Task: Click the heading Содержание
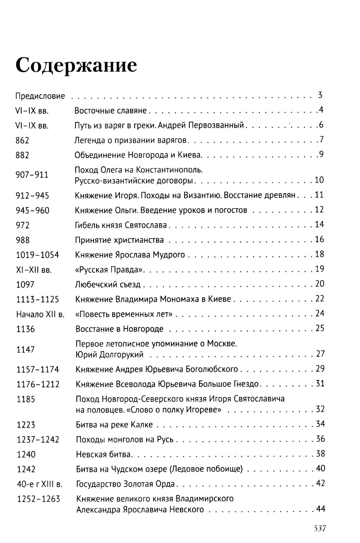tap(76, 65)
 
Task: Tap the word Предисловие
tap(40, 96)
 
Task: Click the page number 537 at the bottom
tap(319, 528)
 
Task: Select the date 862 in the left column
tap(22, 141)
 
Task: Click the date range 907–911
tap(32, 175)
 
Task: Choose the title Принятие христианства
tap(119, 240)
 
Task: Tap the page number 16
tap(319, 240)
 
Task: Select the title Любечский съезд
tap(108, 284)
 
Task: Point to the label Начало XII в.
tap(40, 314)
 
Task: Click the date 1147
tap(25, 350)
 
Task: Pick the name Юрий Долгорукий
tap(109, 355)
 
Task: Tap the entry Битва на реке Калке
tap(114, 425)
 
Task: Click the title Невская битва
tap(104, 454)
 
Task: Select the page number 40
tap(320, 468)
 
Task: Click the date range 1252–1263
tap(38, 499)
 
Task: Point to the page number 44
tap(320, 509)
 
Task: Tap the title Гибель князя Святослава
tap(121, 225)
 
